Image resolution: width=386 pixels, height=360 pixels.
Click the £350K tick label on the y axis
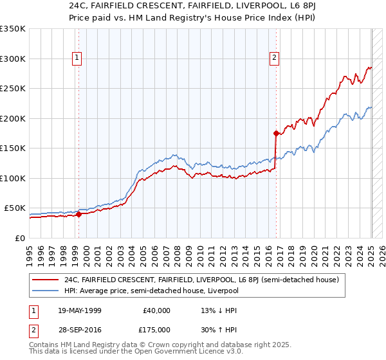(12, 29)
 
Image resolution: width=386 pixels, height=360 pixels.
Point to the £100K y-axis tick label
(12, 178)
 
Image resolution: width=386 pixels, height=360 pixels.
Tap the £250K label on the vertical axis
(12, 89)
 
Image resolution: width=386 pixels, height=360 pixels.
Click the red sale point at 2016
(276, 134)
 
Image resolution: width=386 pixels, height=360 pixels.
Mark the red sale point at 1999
(78, 215)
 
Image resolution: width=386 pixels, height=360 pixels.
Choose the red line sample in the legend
(46, 280)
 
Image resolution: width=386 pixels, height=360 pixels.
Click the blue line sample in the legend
(46, 291)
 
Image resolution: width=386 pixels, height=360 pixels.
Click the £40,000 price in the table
(157, 310)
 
